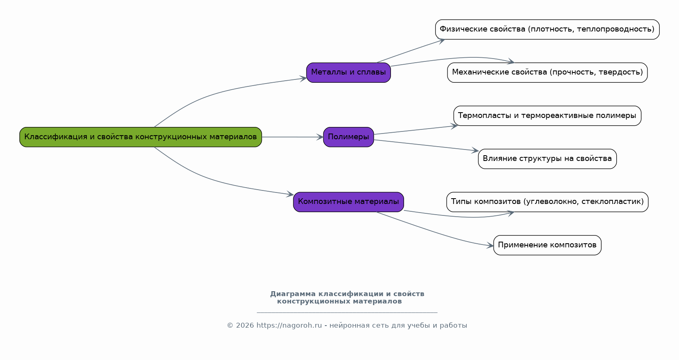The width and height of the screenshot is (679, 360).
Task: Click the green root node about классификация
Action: (141, 137)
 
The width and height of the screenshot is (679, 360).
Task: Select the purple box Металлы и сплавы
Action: (348, 72)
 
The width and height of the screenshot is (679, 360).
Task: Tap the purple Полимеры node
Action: (348, 137)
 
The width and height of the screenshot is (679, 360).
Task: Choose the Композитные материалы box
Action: (348, 202)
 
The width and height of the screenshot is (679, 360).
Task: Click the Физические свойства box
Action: (547, 29)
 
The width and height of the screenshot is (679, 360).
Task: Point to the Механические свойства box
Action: (547, 72)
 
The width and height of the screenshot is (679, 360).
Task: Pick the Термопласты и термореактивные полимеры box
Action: (547, 115)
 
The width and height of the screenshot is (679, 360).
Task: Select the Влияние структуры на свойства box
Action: (547, 158)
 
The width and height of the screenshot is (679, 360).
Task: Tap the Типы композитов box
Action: (547, 202)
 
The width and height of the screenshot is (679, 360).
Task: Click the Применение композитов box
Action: (547, 245)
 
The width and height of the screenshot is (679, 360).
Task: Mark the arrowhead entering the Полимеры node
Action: (320, 137)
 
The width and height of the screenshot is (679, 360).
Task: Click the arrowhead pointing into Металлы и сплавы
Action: (303, 78)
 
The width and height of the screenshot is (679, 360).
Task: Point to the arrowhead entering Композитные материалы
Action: (290, 195)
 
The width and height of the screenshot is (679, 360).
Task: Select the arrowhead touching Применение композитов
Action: (490, 246)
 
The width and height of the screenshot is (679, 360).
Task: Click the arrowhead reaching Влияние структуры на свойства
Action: (475, 151)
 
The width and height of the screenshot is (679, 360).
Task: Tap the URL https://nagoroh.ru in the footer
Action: (289, 326)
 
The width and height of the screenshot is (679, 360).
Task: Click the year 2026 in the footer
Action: (245, 326)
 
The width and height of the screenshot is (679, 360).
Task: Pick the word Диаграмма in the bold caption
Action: (293, 294)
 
